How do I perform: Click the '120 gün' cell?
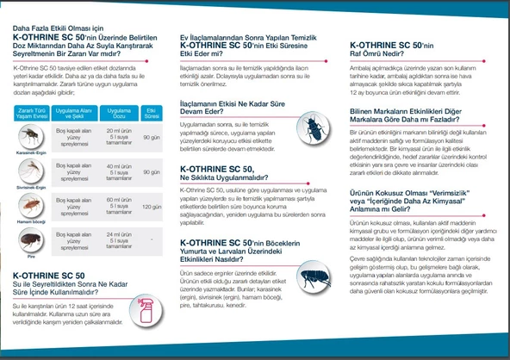[x=152, y=207]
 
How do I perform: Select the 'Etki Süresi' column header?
[x=152, y=112]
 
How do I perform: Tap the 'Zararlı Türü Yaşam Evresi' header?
[x=31, y=112]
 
